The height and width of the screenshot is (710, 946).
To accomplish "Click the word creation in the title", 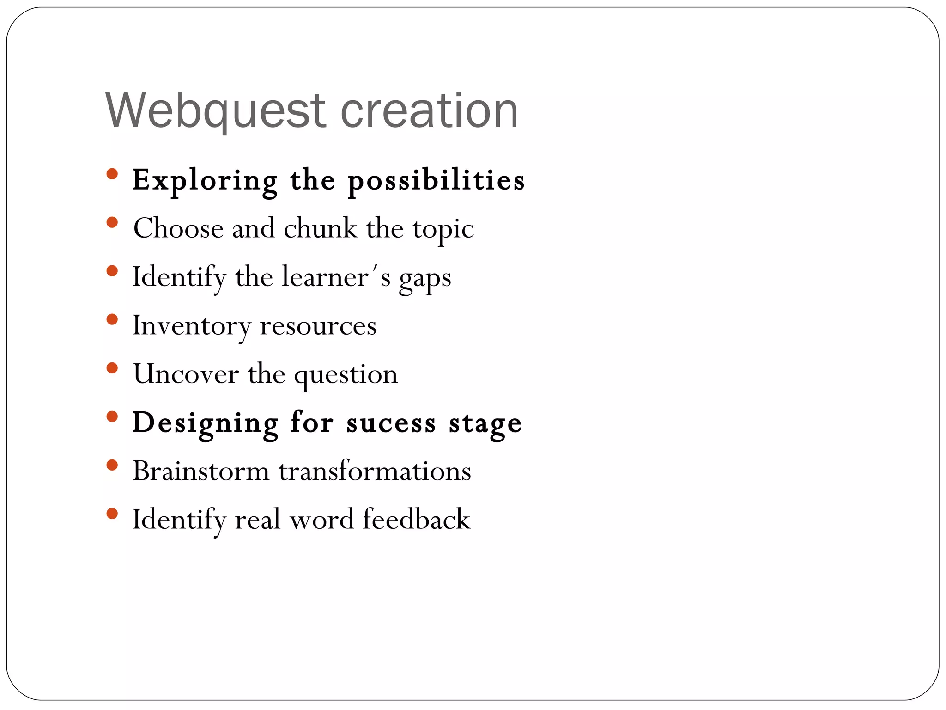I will [x=429, y=111].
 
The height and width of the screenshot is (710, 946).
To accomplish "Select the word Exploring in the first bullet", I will [x=205, y=180].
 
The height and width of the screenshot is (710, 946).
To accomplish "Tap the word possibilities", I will [x=436, y=180].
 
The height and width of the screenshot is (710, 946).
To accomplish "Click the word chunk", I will [x=320, y=228].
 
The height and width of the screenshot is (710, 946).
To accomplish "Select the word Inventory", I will [x=191, y=326].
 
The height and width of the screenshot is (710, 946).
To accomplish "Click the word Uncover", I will [x=186, y=374].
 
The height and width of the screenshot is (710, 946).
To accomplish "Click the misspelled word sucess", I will [x=391, y=423].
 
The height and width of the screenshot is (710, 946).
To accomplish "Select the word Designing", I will [x=206, y=423].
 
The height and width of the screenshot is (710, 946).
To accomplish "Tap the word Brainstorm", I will [x=201, y=471].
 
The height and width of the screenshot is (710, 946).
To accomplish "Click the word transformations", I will [x=375, y=471].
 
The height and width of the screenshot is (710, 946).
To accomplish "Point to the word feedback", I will [x=416, y=519].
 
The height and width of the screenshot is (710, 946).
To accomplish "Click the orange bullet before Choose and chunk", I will [x=112, y=223].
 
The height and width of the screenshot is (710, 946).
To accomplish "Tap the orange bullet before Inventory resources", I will [x=112, y=319].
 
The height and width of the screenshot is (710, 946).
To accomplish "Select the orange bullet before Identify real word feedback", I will [x=112, y=514].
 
